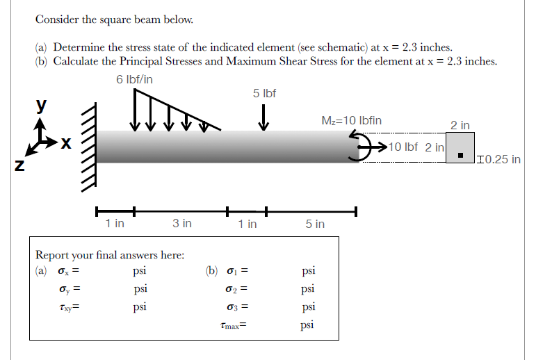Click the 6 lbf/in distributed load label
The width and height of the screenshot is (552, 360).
coord(135,79)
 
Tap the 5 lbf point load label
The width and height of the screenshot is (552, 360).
coord(264,93)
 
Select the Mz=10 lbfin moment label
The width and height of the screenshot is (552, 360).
coord(352,120)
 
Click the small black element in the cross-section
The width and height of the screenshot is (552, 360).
coord(460,154)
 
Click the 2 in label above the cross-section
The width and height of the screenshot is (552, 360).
coord(460,125)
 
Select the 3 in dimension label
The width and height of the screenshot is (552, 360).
coord(182,223)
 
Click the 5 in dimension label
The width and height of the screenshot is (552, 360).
coord(315,224)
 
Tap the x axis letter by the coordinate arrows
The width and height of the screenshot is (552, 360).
coord(65,144)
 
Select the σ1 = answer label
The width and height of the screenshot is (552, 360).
coord(238,271)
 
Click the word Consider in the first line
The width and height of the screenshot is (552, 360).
coord(58,19)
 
